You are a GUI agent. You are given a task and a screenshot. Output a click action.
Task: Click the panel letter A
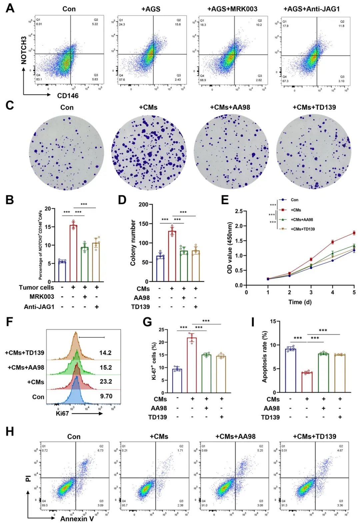10,8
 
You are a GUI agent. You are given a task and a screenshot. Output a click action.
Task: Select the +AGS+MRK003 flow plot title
232,9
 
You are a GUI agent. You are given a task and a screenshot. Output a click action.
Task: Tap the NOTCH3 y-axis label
24,50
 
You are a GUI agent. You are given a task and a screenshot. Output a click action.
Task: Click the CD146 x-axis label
68,96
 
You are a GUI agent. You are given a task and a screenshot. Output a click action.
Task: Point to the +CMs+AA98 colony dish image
231,152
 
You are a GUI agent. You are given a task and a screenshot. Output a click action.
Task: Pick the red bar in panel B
73,253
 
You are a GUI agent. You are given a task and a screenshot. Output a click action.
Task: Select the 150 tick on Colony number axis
144,224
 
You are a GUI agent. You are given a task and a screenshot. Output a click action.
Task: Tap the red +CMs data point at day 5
354,233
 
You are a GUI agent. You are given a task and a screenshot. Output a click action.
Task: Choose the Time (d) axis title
300,302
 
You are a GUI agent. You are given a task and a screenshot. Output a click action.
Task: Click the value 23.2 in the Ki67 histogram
106,381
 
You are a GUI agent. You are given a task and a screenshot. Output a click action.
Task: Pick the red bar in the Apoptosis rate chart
307,382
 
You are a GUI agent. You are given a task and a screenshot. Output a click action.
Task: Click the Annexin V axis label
77,519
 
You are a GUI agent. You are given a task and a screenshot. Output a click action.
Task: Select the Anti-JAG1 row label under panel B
39,307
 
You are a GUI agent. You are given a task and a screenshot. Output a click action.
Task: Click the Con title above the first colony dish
67,107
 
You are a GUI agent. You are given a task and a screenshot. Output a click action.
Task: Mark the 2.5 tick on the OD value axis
239,211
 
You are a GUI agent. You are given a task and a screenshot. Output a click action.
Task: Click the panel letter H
10,431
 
